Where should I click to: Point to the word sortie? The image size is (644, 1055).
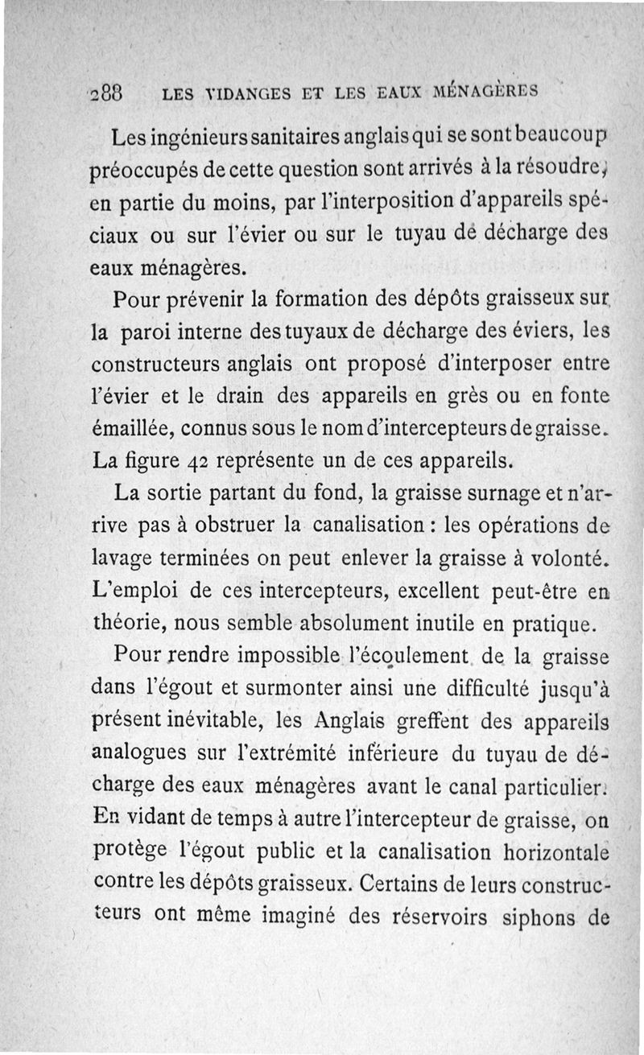click(x=181, y=492)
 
